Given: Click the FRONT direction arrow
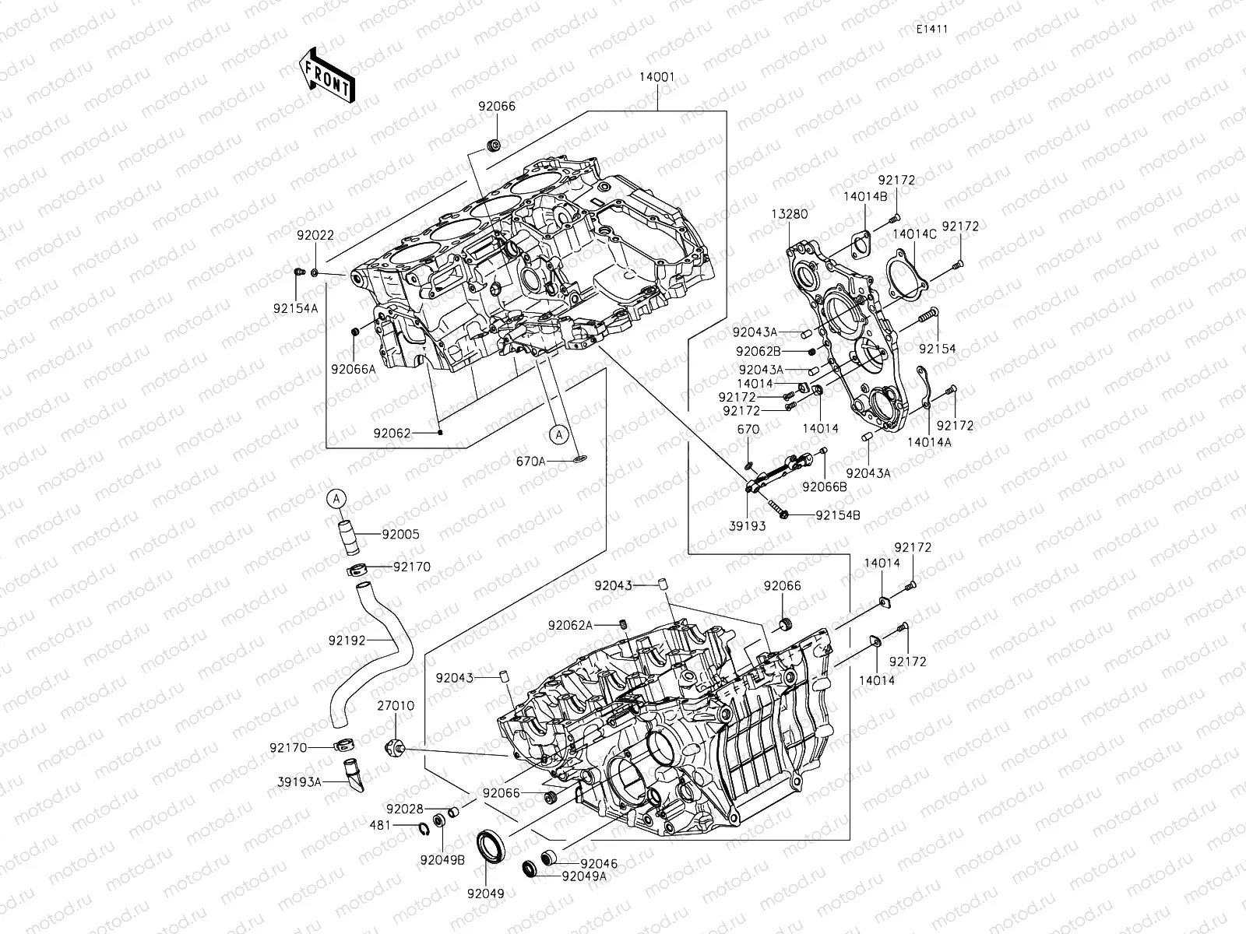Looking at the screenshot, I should pyautogui.click(x=326, y=75).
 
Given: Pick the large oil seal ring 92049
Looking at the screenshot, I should pyautogui.click(x=491, y=847).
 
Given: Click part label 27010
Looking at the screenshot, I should pyautogui.click(x=396, y=707).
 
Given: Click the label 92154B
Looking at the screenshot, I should pyautogui.click(x=838, y=515).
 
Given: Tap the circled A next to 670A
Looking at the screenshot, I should pyautogui.click(x=558, y=433).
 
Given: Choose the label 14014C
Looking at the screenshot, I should pyautogui.click(x=914, y=233).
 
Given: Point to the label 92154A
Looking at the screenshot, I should pyautogui.click(x=296, y=308).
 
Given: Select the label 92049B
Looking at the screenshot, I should pyautogui.click(x=442, y=860).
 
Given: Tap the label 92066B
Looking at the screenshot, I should pyautogui.click(x=825, y=487).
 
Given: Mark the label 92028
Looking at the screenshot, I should pyautogui.click(x=404, y=810).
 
